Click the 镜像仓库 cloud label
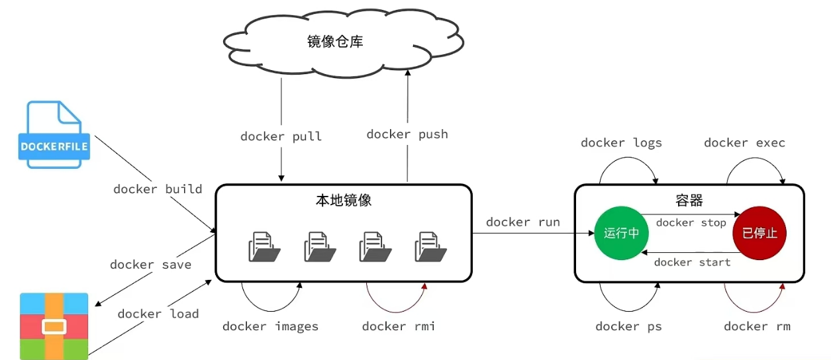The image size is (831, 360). click(335, 42)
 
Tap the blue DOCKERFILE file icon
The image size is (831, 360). click(54, 134)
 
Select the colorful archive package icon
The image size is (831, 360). click(54, 326)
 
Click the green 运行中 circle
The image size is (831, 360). click(621, 233)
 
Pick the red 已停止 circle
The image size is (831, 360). click(759, 233)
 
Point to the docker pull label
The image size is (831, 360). click(281, 136)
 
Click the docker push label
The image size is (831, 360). click(407, 134)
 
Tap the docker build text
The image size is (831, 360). click(158, 189)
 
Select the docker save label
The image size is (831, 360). click(150, 265)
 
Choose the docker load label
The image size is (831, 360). click(158, 314)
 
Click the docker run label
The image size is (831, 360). click(523, 222)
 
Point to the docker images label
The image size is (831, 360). click(270, 326)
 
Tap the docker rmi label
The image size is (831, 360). click(399, 326)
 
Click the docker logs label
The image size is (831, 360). click(621, 143)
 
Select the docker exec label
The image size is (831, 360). click(744, 143)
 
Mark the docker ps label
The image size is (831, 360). click(629, 326)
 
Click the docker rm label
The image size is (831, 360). click(758, 326)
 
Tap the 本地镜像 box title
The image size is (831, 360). click(344, 201)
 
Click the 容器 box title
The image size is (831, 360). click(689, 201)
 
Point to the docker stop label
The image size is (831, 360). click(691, 223)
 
